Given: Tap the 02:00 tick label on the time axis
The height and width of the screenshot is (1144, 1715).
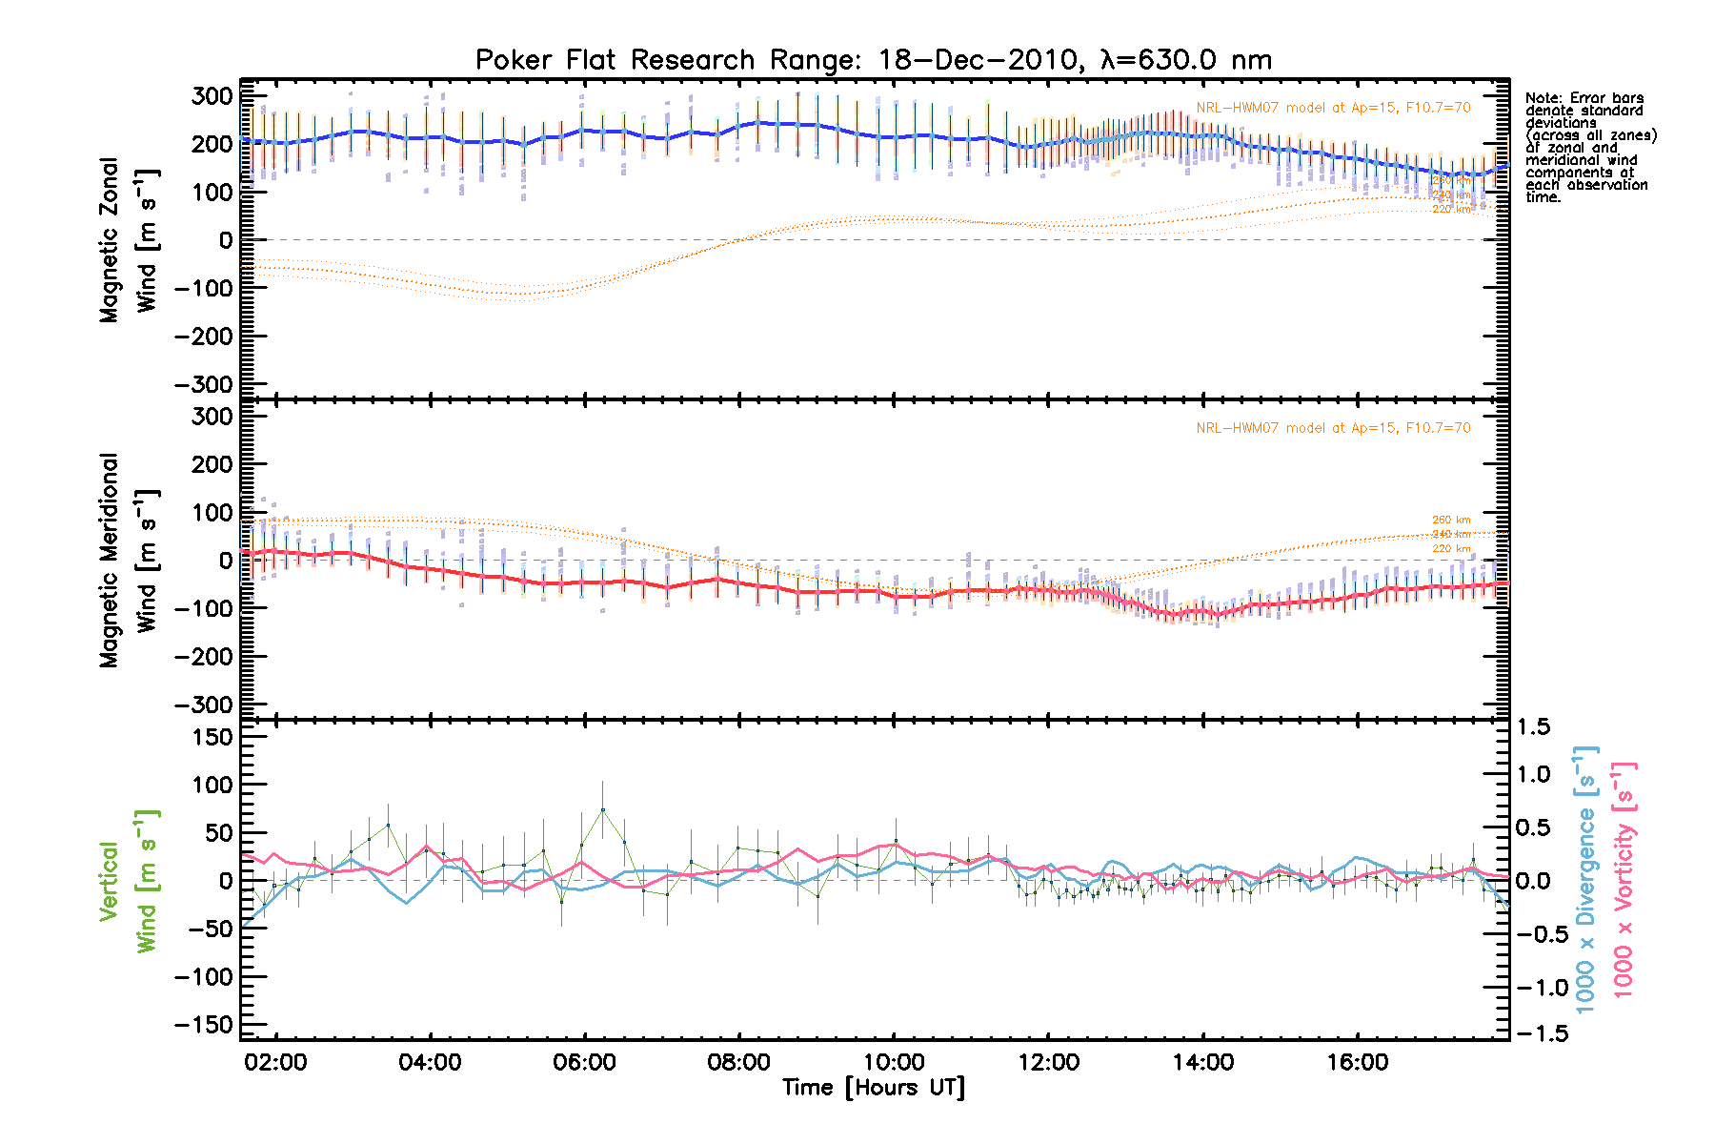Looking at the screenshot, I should click(275, 1062).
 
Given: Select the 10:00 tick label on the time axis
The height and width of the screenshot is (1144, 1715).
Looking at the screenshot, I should click(894, 1062).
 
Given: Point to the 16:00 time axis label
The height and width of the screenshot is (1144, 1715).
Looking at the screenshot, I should click(1357, 1062).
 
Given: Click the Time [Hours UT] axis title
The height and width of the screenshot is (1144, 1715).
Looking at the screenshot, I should click(874, 1088).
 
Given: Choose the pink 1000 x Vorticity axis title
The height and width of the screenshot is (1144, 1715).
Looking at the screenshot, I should click(1624, 879).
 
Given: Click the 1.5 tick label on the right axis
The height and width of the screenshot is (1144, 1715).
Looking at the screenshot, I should click(1533, 727).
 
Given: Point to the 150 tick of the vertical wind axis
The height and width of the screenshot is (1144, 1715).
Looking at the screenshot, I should click(212, 737).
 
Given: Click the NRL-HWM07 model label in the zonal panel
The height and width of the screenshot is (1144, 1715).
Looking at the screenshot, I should click(1333, 108).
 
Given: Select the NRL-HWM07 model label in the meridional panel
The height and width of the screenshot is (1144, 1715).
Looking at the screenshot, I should click(1333, 428).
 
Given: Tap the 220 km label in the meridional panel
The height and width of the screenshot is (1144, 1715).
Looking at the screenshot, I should click(1451, 549).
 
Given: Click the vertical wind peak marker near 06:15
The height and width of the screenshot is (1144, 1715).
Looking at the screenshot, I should click(602, 809).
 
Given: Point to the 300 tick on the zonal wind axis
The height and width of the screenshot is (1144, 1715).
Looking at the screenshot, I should click(212, 95).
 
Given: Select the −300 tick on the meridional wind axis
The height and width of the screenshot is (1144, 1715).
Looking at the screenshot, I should click(204, 705).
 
